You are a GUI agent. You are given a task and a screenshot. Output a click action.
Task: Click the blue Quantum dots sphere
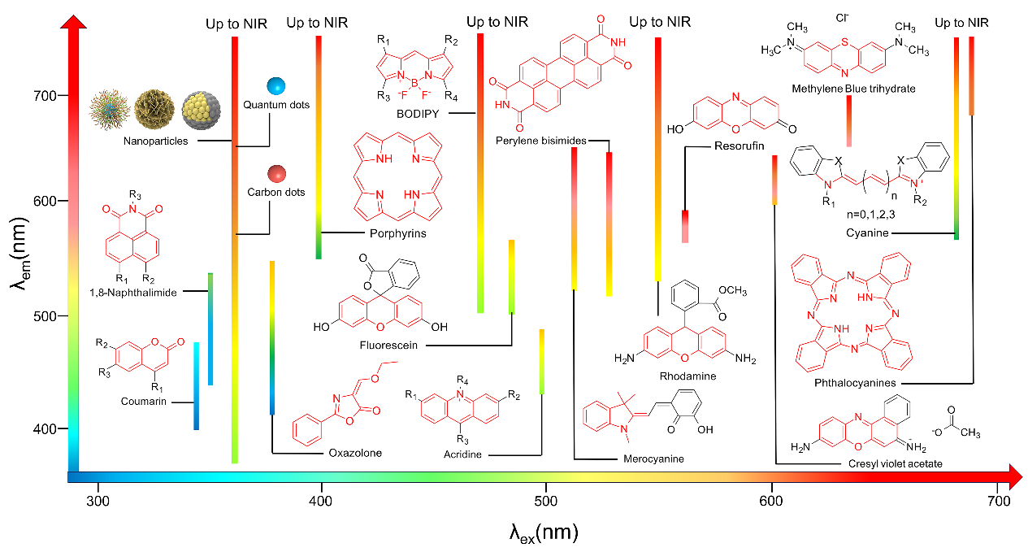(276, 85)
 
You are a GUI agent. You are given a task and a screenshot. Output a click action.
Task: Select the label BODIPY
(418, 115)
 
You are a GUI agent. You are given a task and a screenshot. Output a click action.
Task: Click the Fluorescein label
(388, 346)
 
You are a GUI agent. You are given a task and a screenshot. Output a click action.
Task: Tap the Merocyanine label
(653, 459)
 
